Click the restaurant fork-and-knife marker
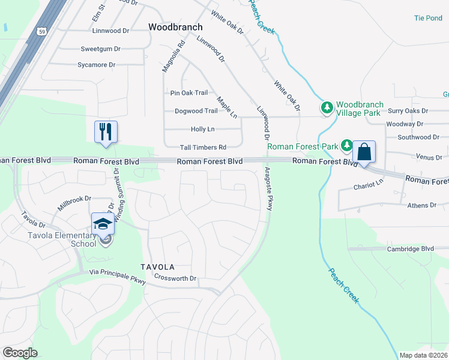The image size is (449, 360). [x=106, y=131]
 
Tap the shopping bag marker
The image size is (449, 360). [x=364, y=151]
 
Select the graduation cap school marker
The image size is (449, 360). [x=103, y=224]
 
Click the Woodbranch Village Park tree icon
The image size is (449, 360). [x=327, y=108]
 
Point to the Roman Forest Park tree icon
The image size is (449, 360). [x=347, y=145]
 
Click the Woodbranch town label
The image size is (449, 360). [x=175, y=27]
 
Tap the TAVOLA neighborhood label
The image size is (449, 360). [x=157, y=266]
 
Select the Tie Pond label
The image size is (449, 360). [x=428, y=18]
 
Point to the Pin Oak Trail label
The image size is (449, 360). [x=189, y=93]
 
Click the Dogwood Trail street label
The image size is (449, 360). [x=196, y=111]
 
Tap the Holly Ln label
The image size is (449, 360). [x=202, y=129]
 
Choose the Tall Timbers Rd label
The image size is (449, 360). [x=203, y=147]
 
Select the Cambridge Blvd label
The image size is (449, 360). [x=410, y=248]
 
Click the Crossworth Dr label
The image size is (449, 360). [x=175, y=278]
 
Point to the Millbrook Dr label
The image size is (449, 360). [x=74, y=198]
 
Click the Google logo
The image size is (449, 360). [x=20, y=352]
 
